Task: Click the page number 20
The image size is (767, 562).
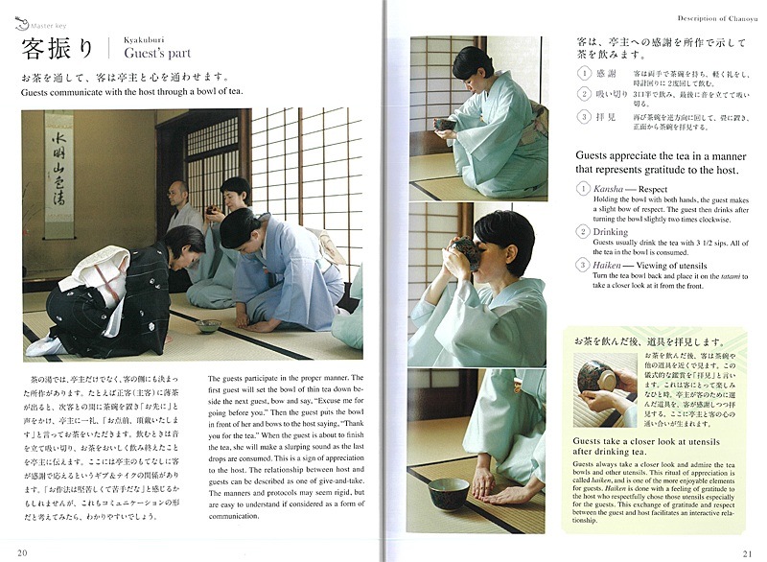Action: tap(22, 550)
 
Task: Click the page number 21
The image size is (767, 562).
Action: tap(745, 550)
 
